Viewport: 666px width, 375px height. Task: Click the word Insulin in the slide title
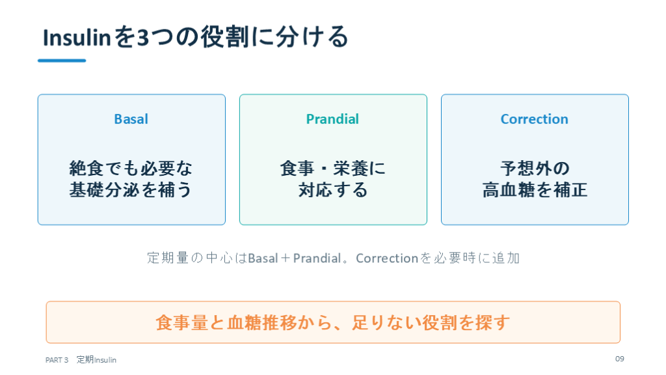77,37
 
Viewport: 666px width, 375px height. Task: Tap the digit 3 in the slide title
144,37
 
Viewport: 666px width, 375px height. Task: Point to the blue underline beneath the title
62,61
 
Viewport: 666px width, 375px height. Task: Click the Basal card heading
131,119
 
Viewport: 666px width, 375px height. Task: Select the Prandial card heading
332,119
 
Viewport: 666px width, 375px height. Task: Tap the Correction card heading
535,119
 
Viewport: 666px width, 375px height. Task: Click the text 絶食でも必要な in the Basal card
131,169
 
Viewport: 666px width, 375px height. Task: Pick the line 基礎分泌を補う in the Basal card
131,189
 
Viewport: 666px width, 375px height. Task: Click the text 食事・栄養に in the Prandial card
333,169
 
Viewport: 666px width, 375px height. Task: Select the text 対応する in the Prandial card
333,189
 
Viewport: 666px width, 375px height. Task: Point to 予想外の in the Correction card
535,169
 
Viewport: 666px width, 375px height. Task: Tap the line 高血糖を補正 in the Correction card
535,189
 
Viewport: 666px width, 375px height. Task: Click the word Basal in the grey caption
263,258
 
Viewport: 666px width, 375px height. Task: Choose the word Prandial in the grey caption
317,258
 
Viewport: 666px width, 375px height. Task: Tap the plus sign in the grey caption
286,258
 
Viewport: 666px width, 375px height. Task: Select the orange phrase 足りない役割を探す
431,323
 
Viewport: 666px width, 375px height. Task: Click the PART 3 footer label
57,360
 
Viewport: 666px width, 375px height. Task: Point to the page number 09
620,359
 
